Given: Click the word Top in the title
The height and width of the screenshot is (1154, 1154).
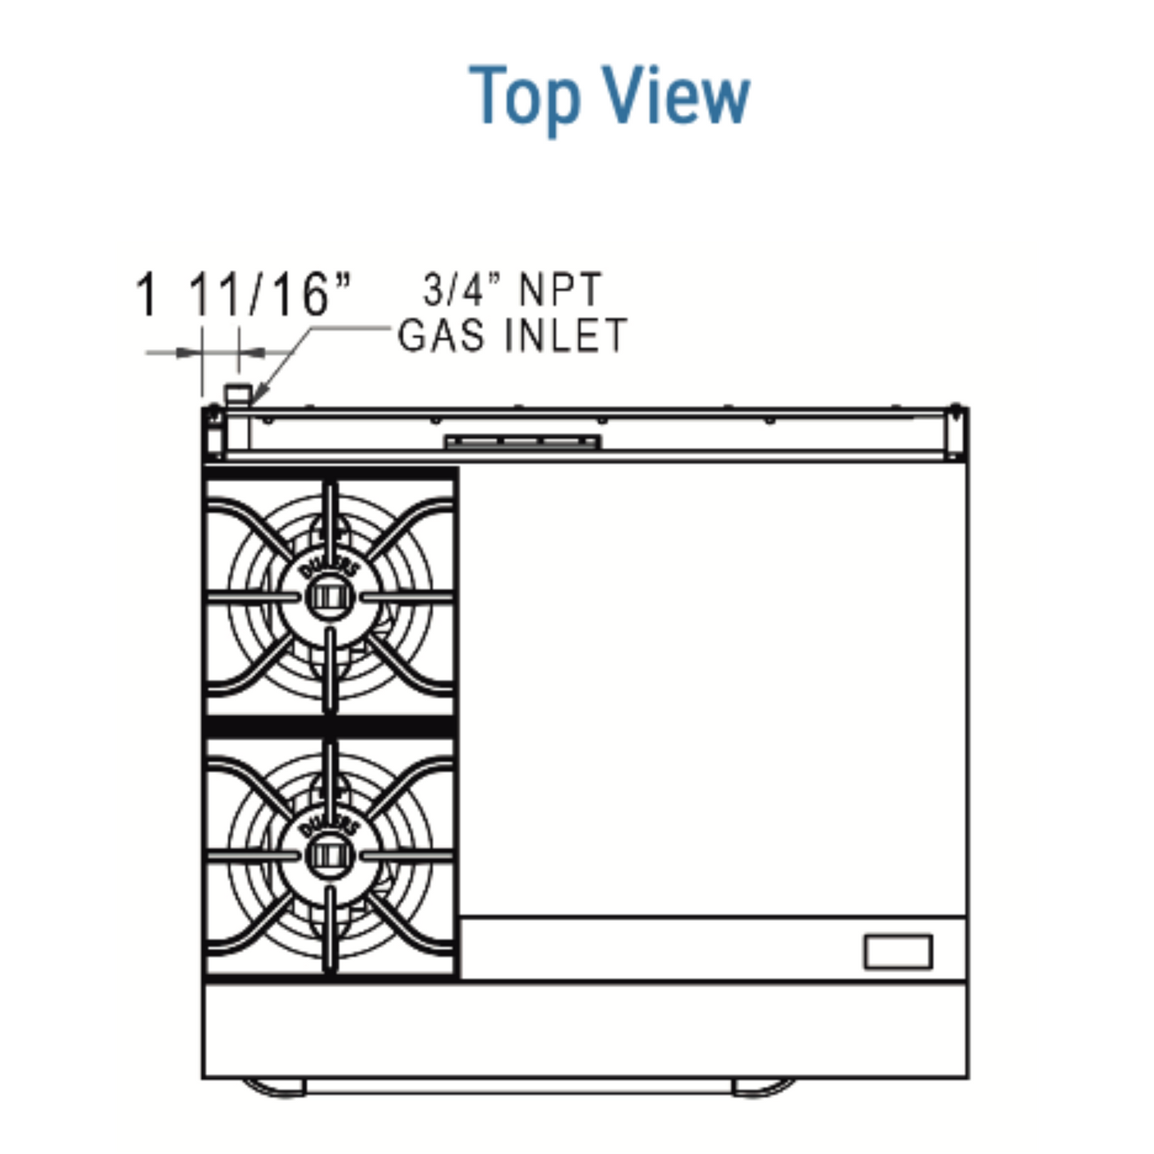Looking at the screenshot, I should point(523,97).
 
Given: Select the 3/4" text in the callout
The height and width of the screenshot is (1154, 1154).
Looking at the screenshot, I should point(454,289).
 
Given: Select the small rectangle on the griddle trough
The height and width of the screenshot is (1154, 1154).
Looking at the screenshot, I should point(898,952).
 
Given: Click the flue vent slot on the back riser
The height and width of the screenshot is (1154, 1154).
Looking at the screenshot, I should point(522,442).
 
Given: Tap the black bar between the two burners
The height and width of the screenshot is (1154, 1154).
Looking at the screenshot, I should point(331,726).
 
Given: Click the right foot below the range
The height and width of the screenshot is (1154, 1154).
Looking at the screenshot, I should point(763,1087).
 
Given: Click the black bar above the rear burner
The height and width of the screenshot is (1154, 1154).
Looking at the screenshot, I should point(331,473).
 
